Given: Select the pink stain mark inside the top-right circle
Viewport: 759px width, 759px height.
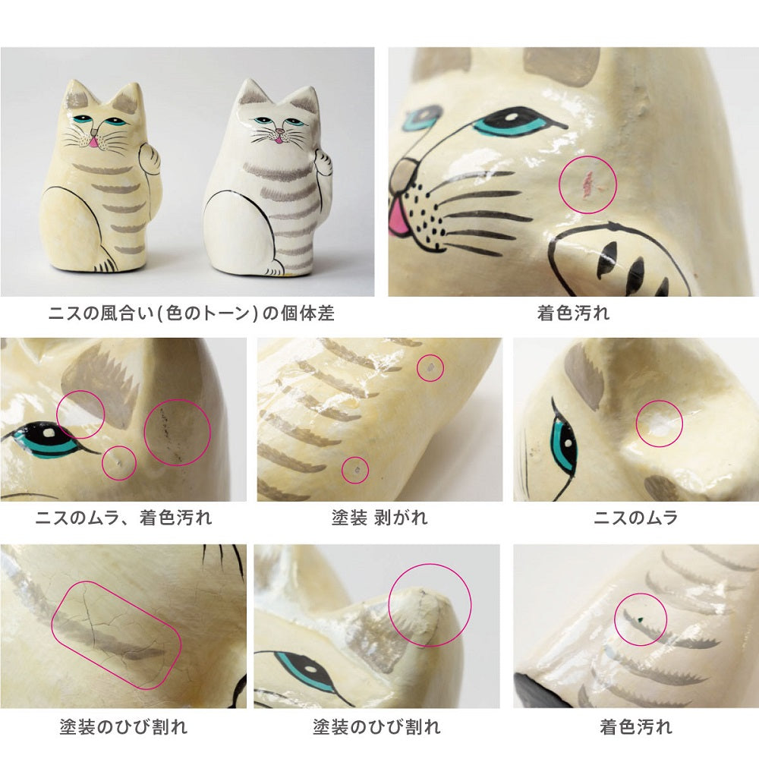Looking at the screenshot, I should click(x=587, y=183).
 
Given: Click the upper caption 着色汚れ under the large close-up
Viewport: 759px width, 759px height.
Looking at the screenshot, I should click(x=573, y=313).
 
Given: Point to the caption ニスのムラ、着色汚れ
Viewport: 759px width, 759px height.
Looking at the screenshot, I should click(x=124, y=518).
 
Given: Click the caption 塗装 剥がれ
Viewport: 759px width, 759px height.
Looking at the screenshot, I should click(x=379, y=518).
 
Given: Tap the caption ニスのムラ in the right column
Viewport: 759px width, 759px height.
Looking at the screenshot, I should click(x=636, y=518).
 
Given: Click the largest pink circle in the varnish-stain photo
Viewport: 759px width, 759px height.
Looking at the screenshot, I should click(x=177, y=433).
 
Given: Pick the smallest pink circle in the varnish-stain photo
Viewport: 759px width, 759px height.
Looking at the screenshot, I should click(x=118, y=463).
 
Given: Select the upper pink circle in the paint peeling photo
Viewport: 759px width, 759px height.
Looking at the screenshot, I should click(x=430, y=367).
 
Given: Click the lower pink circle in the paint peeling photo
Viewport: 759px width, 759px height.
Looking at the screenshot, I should click(x=354, y=470).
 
